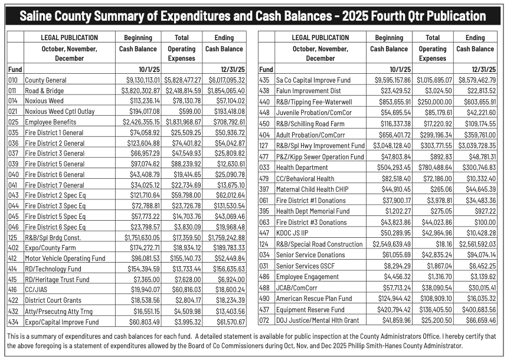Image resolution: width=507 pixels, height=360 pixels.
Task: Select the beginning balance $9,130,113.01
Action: click(x=138, y=80)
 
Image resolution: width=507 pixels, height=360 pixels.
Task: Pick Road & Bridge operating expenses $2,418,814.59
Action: click(x=181, y=90)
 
